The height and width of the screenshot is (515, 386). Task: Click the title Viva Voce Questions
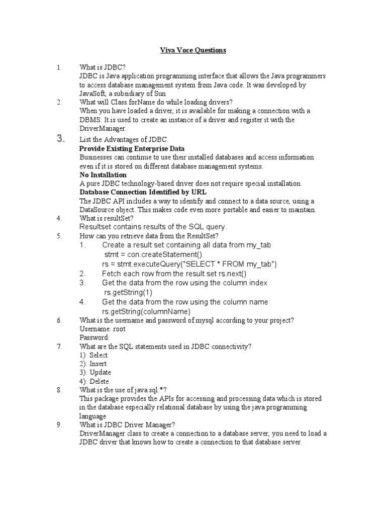[x=193, y=50]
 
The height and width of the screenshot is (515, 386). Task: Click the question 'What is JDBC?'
[x=103, y=67]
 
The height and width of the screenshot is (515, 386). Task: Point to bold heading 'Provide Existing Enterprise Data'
[x=132, y=149]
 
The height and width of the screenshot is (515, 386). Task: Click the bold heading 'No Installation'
[x=103, y=175]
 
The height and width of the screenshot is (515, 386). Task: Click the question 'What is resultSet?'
[x=107, y=218]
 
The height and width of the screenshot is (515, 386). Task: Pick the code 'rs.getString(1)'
[x=128, y=292]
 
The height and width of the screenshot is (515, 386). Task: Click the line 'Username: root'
[x=103, y=329]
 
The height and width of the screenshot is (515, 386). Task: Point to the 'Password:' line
[x=94, y=337]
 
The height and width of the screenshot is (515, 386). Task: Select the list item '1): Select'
[x=93, y=355]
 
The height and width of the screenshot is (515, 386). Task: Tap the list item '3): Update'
[x=95, y=372]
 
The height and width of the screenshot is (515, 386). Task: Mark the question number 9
[x=59, y=424]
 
